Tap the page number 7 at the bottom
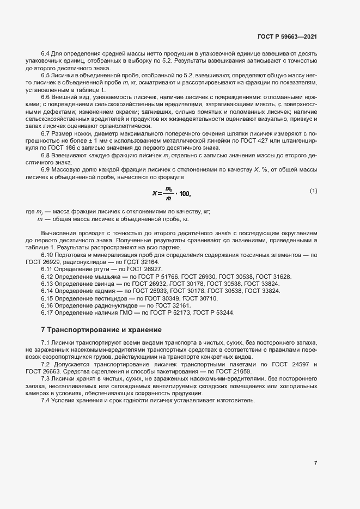tap(315, 463)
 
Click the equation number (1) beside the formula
tap(313, 191)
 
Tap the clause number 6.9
tap(46, 170)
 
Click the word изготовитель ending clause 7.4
tap(233, 400)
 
